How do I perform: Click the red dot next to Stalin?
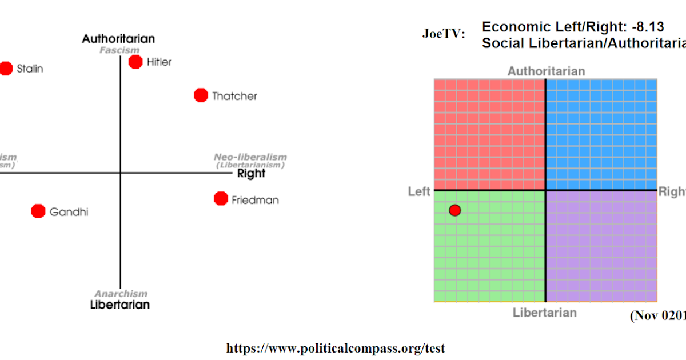(x=6, y=69)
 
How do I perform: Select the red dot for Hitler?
(x=135, y=62)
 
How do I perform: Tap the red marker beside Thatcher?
(x=201, y=95)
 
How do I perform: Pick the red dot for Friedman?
(x=221, y=199)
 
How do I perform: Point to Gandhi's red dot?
(x=38, y=211)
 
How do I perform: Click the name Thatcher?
(x=234, y=96)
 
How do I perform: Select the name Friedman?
(x=255, y=200)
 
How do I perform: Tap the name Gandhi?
(x=69, y=212)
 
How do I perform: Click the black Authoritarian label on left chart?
(x=118, y=39)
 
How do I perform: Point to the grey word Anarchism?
(x=121, y=294)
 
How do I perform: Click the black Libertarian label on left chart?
(x=120, y=305)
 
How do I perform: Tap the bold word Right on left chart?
(x=251, y=174)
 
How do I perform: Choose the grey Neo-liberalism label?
(x=250, y=157)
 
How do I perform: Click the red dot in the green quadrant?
(x=455, y=210)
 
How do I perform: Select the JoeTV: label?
(x=444, y=34)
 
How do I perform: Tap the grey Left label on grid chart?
(x=419, y=191)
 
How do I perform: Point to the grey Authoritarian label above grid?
(x=546, y=71)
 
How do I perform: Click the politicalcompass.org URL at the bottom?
(x=336, y=348)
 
